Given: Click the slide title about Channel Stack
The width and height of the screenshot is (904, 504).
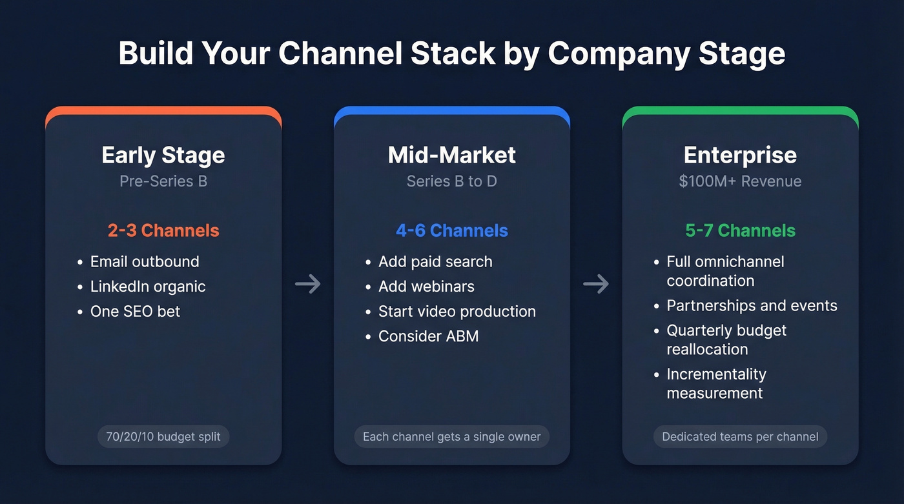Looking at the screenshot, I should (x=452, y=54).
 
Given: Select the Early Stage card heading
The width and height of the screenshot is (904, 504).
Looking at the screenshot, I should (x=163, y=155).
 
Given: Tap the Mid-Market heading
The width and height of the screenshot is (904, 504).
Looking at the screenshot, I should (x=452, y=155).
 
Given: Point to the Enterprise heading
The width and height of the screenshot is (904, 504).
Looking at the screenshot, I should (x=740, y=155).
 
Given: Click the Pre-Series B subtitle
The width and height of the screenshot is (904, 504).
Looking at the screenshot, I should (x=163, y=181).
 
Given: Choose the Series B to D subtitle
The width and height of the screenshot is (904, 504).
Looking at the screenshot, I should (x=452, y=181).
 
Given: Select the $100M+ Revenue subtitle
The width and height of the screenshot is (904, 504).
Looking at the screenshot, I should (x=740, y=181).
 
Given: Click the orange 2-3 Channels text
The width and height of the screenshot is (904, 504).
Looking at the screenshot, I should (x=163, y=230).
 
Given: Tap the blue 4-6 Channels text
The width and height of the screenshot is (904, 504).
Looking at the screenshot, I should (x=452, y=230).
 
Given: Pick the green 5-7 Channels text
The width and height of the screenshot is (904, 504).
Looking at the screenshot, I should (x=740, y=230).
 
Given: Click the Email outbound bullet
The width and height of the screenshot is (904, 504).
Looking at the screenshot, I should (x=145, y=261).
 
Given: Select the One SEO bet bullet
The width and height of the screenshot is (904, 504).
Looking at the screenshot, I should (x=135, y=311).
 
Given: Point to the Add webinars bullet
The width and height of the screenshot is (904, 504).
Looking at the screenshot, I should (x=426, y=287).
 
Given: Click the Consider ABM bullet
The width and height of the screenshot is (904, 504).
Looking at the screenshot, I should (x=428, y=336).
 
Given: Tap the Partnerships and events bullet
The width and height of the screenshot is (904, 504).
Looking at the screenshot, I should (x=752, y=305).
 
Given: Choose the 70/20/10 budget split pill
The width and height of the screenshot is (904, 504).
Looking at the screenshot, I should (x=163, y=437).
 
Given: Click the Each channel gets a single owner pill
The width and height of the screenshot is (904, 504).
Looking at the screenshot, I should (x=452, y=437).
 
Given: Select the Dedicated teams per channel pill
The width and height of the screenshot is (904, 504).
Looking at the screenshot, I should (x=740, y=437).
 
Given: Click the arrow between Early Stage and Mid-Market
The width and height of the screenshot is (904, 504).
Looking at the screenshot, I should (x=308, y=284).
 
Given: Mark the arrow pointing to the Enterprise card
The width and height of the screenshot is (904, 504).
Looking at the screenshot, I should (x=596, y=284).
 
